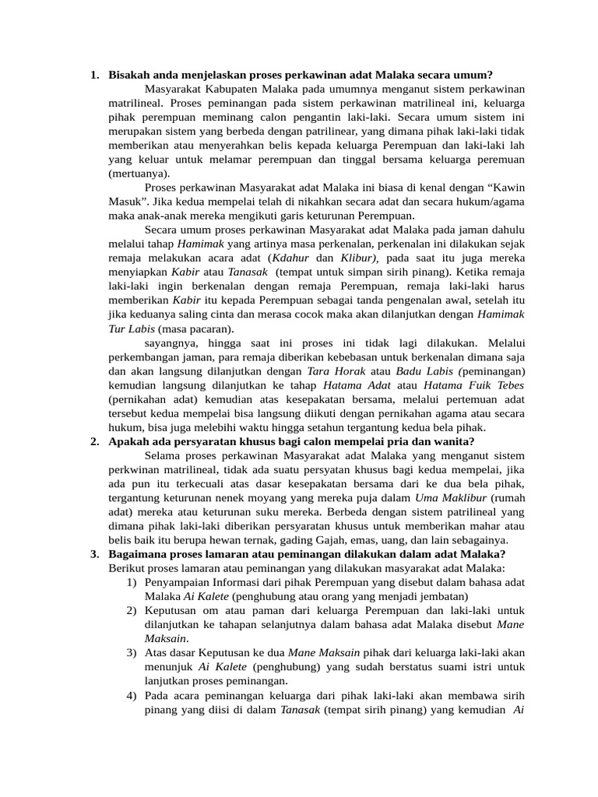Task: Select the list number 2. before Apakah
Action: (x=93, y=441)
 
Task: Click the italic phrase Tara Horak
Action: (x=338, y=370)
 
